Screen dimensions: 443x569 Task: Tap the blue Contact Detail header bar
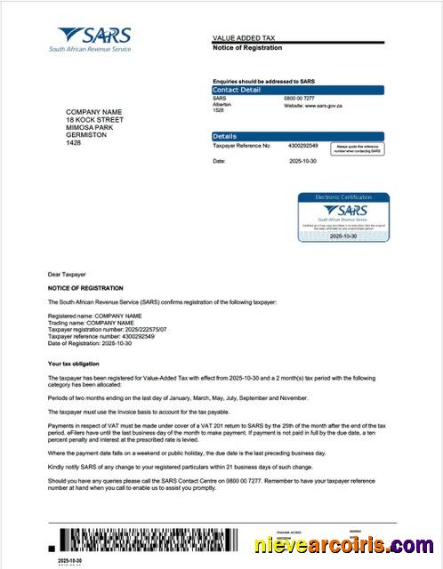(297, 90)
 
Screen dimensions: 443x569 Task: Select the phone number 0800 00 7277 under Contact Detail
(300, 98)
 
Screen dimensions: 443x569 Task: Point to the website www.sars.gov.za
(311, 105)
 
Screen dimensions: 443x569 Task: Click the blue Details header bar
(297, 136)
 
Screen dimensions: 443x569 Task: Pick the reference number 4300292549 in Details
(303, 145)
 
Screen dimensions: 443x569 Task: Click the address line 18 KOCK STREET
(94, 120)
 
